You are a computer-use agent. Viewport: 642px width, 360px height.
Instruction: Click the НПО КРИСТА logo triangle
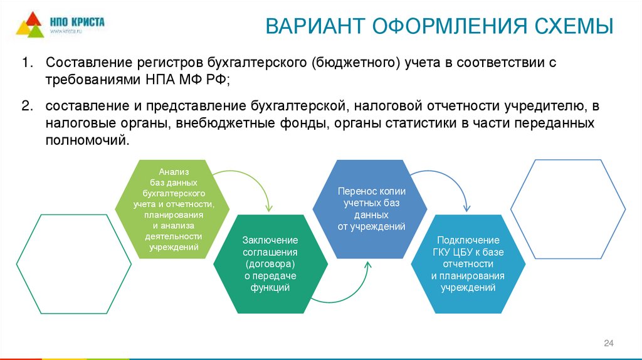tap(30, 24)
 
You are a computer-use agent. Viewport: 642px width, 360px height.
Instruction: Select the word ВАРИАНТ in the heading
tap(315, 26)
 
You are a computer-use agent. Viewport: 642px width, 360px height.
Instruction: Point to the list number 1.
tap(27, 63)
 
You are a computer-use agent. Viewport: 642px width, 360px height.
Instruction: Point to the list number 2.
tap(27, 106)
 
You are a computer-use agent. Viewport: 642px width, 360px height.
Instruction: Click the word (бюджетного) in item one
tap(355, 63)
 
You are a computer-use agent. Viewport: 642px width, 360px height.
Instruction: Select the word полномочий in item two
tap(87, 140)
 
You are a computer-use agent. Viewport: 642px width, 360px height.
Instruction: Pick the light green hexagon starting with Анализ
tap(172, 209)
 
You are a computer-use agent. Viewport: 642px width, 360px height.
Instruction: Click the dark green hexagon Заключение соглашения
tap(271, 264)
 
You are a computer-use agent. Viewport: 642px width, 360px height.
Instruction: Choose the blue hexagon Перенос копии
tap(370, 209)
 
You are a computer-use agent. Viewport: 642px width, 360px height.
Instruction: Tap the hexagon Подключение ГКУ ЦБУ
tap(468, 264)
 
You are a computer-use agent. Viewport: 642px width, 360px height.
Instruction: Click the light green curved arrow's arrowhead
tap(268, 208)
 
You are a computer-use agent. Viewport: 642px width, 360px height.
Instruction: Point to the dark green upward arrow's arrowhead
tap(367, 266)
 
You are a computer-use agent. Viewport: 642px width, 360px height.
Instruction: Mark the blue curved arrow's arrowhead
tap(466, 208)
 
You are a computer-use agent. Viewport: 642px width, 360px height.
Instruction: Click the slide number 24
tap(608, 343)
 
